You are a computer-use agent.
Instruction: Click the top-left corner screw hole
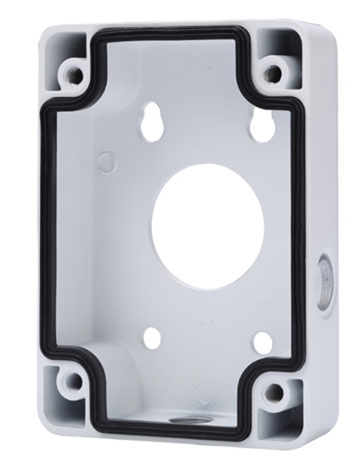(75, 75)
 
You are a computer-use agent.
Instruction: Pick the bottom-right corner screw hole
(274, 393)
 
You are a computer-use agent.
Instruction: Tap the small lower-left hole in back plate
(153, 337)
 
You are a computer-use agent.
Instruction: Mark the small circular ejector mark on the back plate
(106, 161)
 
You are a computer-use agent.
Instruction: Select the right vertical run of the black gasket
(300, 229)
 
